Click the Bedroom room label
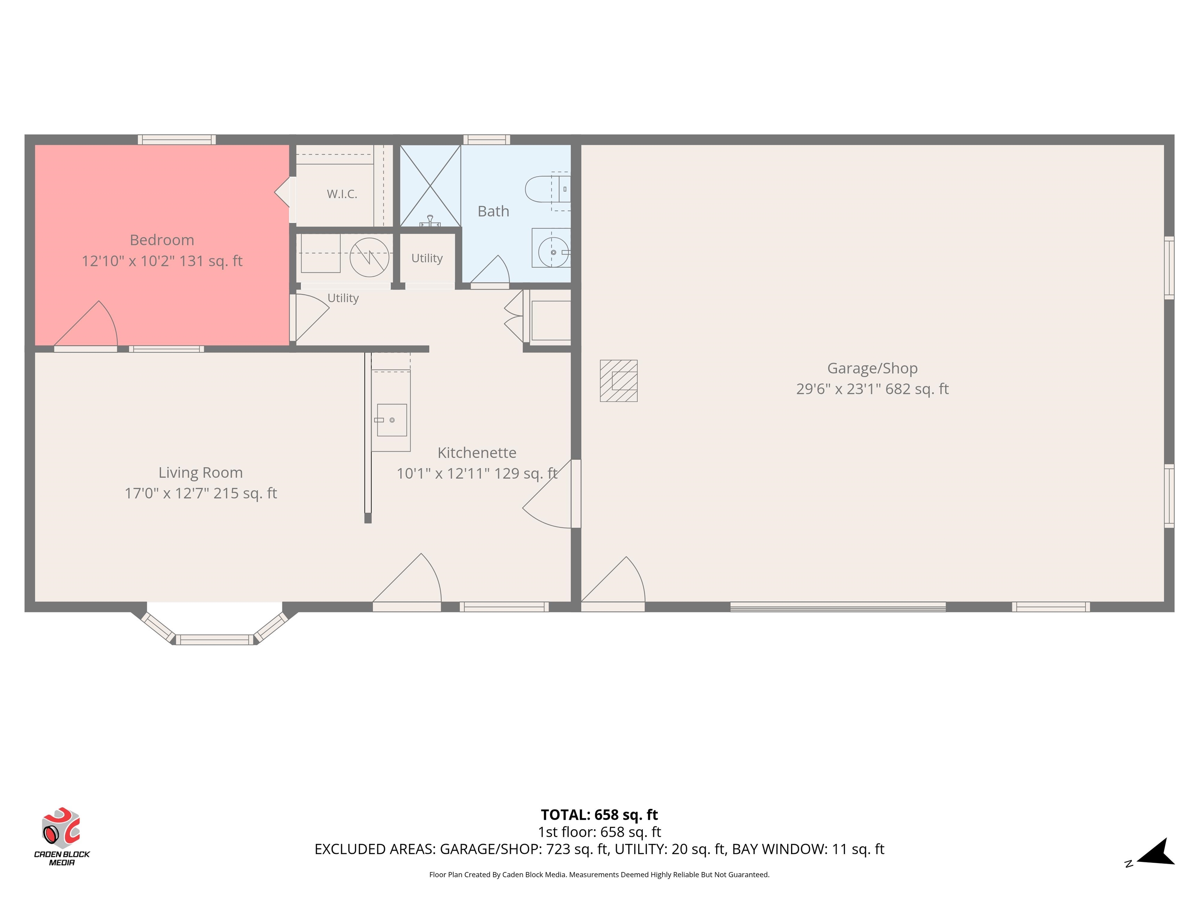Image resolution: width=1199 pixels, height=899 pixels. pyautogui.click(x=162, y=240)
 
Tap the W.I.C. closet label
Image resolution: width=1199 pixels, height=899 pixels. pyautogui.click(x=342, y=194)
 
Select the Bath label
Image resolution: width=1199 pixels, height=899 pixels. pyautogui.click(x=493, y=211)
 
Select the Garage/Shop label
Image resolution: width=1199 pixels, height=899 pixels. pyautogui.click(x=872, y=368)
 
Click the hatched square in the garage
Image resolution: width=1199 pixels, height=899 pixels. pyautogui.click(x=619, y=381)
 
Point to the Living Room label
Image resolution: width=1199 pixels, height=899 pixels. pyautogui.click(x=201, y=473)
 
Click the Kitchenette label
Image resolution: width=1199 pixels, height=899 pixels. pyautogui.click(x=477, y=453)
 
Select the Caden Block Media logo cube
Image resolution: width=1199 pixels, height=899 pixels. pyautogui.click(x=61, y=828)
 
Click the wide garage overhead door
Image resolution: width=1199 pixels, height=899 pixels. pyautogui.click(x=838, y=607)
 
